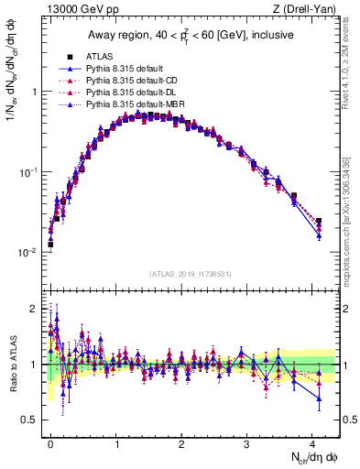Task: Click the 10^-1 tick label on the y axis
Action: click(x=29, y=171)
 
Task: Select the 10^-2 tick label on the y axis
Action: click(x=29, y=252)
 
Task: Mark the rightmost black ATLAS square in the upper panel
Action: click(x=319, y=221)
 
